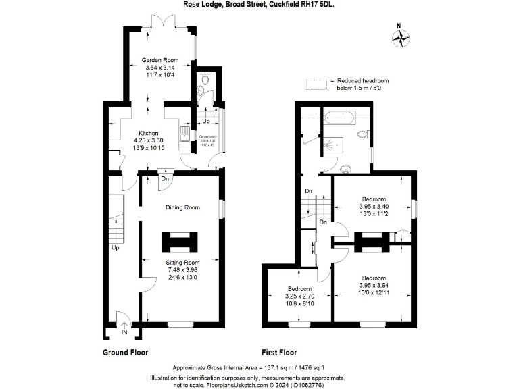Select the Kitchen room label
coord(149,133)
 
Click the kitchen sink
coord(184,133)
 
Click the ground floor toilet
coord(202,93)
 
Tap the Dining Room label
coord(182,208)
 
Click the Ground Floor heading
coord(125,353)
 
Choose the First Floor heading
coord(279,353)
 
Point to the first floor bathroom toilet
coord(362,134)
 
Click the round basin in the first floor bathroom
coord(346,169)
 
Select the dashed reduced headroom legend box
coord(315,84)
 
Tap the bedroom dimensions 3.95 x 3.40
coord(373,207)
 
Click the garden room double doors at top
coord(164,26)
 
